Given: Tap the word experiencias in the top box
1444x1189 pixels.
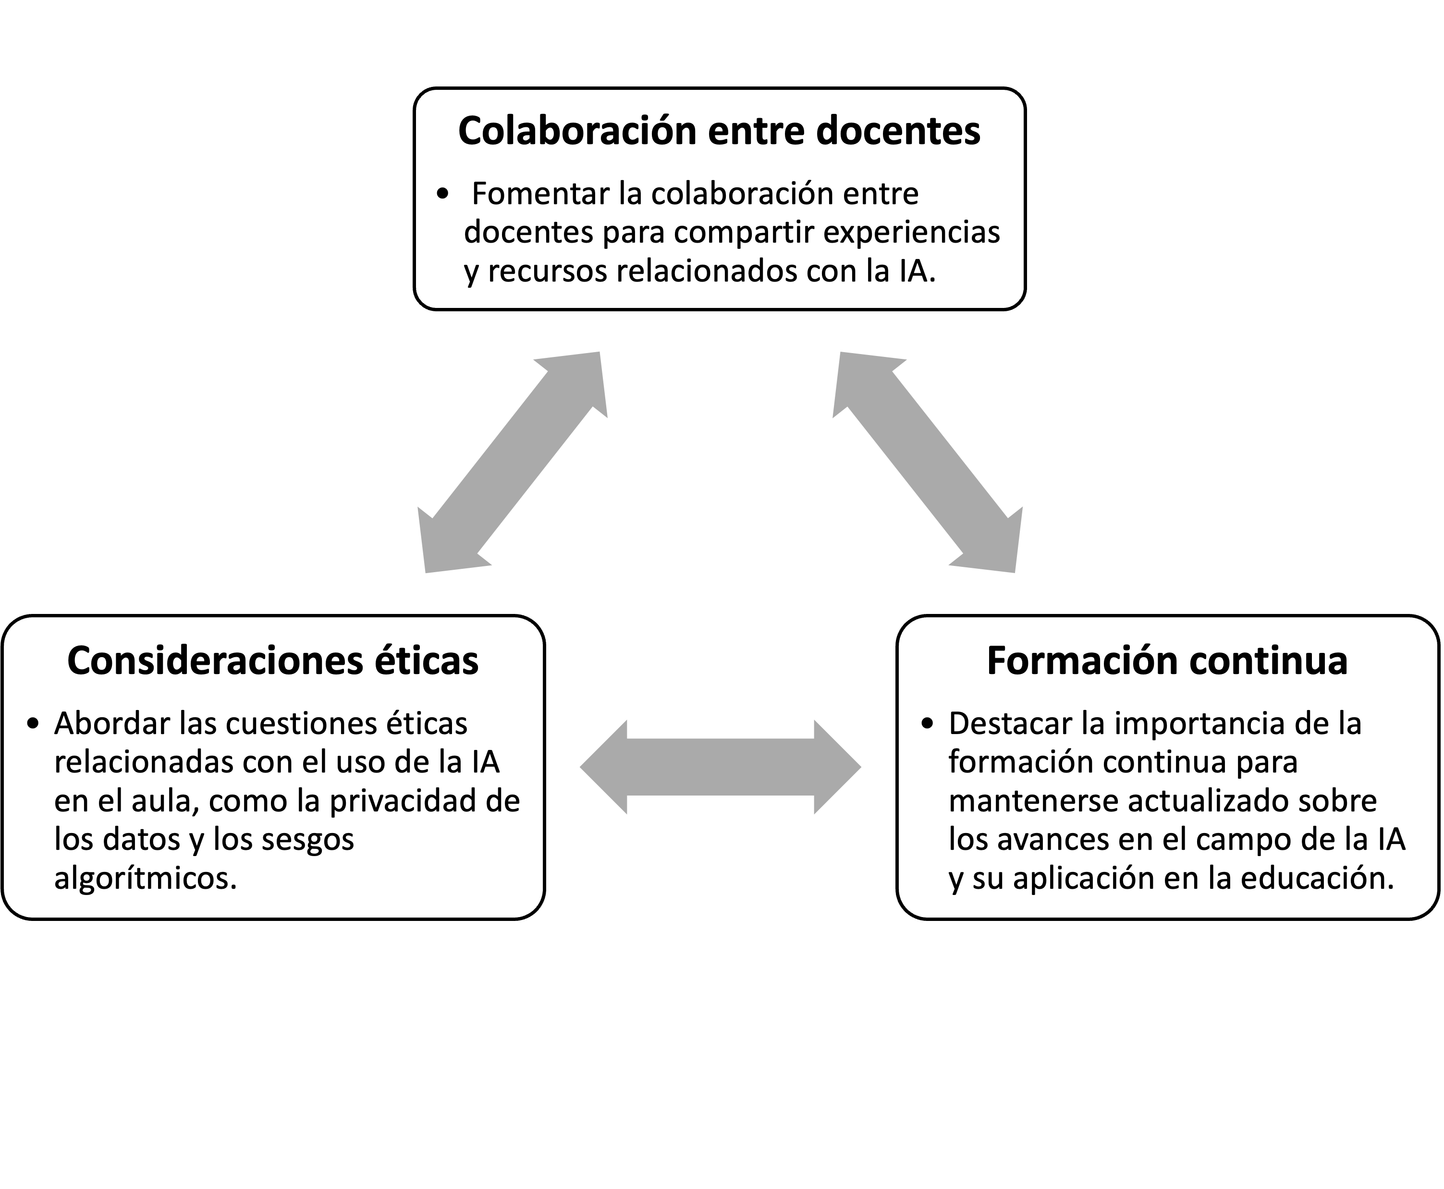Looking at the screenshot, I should pos(911,233).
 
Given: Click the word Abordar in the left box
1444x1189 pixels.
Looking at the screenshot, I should pos(111,723).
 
